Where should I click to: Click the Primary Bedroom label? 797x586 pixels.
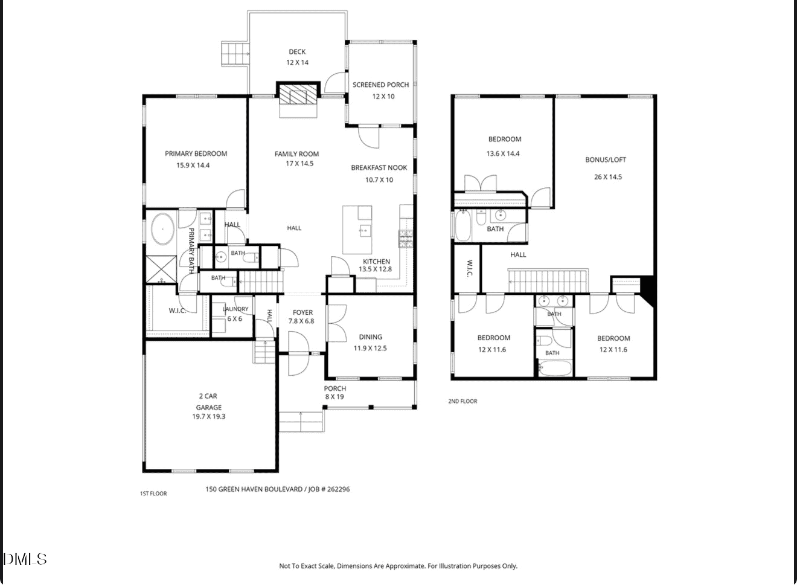pyautogui.click(x=196, y=153)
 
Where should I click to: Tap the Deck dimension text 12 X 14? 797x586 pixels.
pyautogui.click(x=298, y=62)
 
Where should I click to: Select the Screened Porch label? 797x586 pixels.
pyautogui.click(x=381, y=85)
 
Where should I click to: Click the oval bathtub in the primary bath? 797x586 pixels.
pyautogui.click(x=163, y=228)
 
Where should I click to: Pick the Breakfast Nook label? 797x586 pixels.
pyautogui.click(x=379, y=168)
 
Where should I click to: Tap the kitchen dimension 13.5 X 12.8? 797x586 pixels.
pyautogui.click(x=375, y=269)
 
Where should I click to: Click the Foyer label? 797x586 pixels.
pyautogui.click(x=302, y=312)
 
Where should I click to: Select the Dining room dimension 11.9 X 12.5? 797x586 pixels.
pyautogui.click(x=370, y=348)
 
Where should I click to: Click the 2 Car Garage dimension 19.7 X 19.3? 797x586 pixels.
pyautogui.click(x=209, y=416)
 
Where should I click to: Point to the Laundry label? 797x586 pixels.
pyautogui.click(x=235, y=309)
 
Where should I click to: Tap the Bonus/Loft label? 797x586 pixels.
pyautogui.click(x=606, y=160)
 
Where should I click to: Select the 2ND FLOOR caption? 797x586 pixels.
pyautogui.click(x=463, y=401)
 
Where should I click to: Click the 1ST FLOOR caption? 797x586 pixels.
pyautogui.click(x=153, y=494)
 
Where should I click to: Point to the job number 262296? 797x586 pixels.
pyautogui.click(x=338, y=489)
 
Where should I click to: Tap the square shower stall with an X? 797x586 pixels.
pyautogui.click(x=161, y=269)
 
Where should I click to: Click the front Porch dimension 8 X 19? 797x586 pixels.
pyautogui.click(x=334, y=396)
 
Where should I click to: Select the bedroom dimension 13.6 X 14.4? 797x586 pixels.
pyautogui.click(x=503, y=154)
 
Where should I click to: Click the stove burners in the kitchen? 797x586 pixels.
pyautogui.click(x=406, y=239)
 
